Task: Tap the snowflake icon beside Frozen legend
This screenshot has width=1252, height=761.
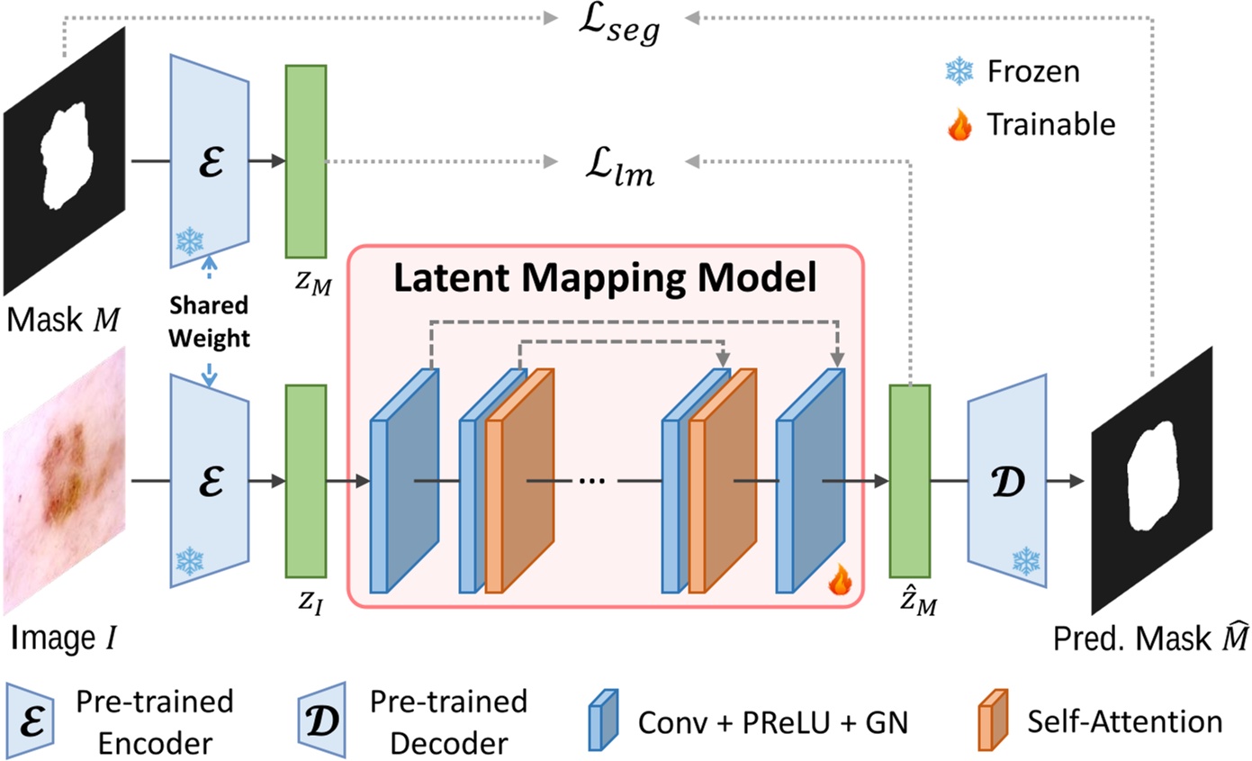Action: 959,71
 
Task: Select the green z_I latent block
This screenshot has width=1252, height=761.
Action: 305,480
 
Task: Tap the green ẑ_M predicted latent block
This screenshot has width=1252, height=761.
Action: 909,480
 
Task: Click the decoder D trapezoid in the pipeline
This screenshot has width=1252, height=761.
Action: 1007,480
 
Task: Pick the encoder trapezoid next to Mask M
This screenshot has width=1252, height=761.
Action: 209,160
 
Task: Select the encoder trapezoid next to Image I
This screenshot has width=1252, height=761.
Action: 209,480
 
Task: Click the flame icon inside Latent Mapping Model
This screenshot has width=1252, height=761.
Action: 839,584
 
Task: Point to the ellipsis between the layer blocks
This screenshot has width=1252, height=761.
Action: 591,481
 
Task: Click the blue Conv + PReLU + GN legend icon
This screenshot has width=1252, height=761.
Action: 602,721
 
